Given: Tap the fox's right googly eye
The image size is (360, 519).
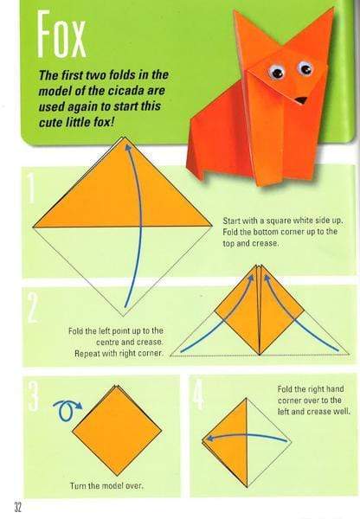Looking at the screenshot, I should tap(305, 67).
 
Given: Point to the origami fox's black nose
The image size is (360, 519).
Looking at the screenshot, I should tap(300, 99).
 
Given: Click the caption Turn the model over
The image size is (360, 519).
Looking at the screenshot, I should tap(106, 486).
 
